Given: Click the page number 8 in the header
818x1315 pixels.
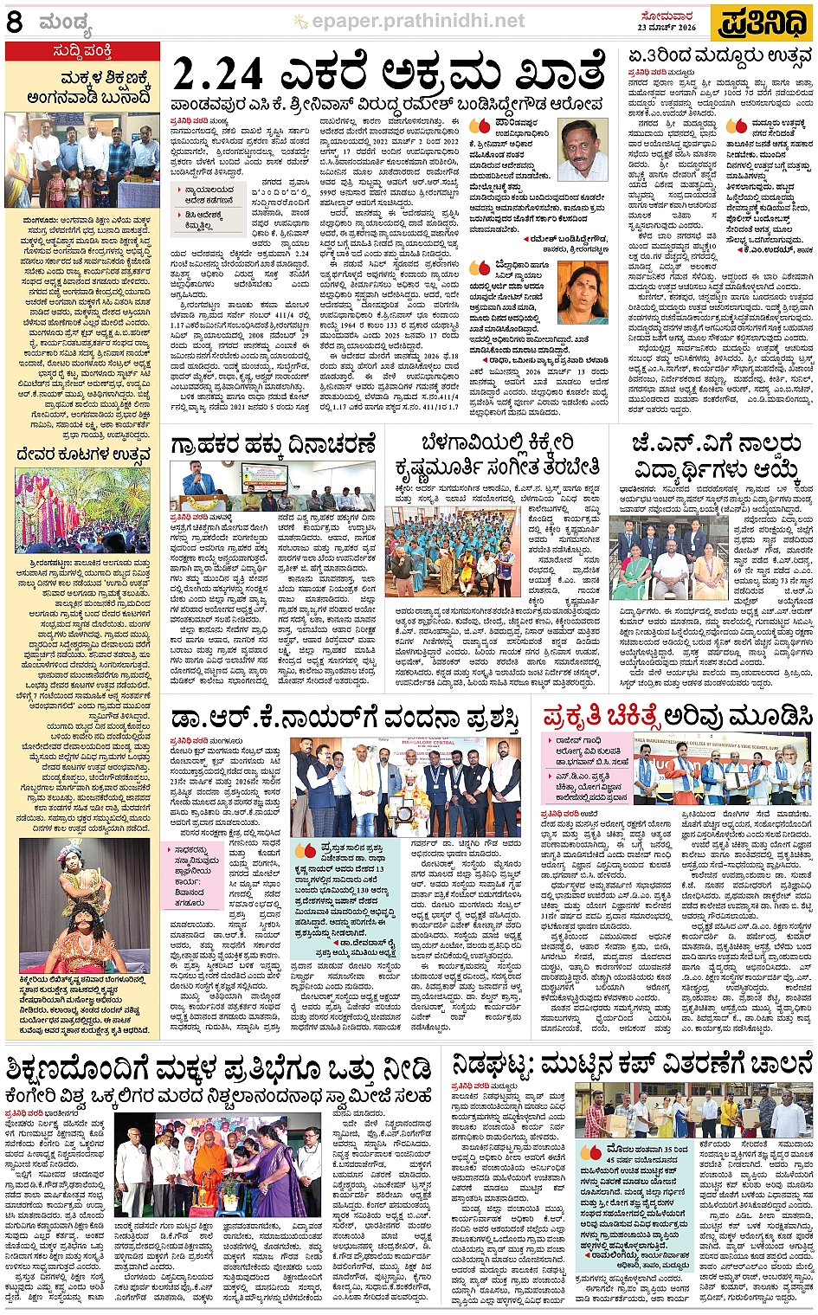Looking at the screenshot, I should [x=15, y=22].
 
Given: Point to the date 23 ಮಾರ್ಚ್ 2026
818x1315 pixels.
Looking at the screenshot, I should [x=667, y=28].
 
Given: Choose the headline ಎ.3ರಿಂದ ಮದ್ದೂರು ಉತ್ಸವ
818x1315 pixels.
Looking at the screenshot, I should [x=720, y=57].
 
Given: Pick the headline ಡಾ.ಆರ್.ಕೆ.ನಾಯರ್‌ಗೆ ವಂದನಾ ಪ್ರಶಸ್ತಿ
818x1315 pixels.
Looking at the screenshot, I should [x=345, y=719].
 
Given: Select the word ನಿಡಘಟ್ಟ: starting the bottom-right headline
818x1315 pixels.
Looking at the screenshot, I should [x=494, y=1064].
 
